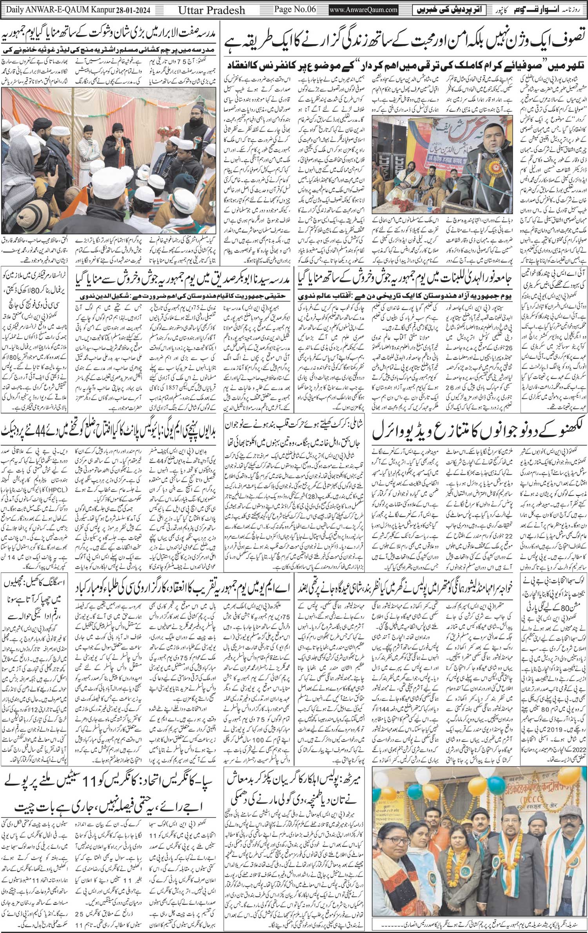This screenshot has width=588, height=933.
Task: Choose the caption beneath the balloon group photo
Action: (479, 927)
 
